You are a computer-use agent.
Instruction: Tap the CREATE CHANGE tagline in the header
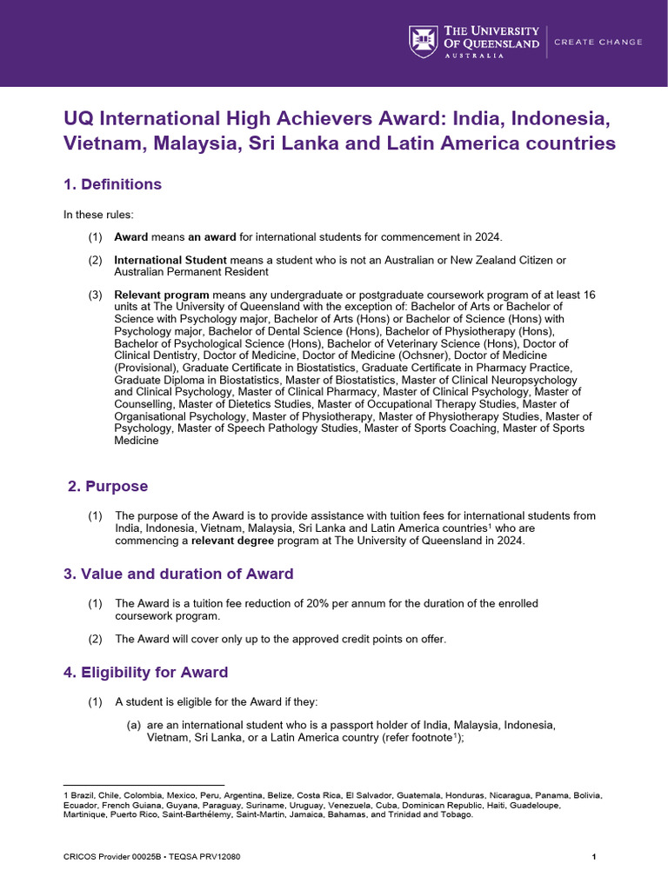pos(598,42)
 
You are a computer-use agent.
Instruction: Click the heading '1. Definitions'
pos(112,184)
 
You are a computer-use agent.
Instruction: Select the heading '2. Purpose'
pos(108,486)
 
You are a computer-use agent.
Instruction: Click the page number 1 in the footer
pos(593,856)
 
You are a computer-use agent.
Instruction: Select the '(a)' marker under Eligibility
pos(134,725)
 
